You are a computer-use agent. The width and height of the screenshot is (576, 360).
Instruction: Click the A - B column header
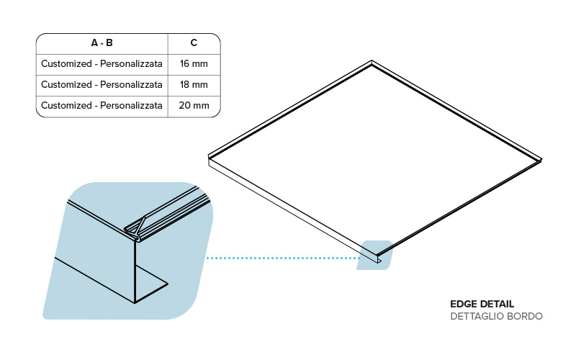coord(102,43)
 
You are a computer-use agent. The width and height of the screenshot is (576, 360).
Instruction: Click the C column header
coord(194,43)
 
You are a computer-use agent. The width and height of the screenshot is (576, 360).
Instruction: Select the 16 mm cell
coord(194,64)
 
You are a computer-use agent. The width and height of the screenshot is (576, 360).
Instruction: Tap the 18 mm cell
coord(194,85)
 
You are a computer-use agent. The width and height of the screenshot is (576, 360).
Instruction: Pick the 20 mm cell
coord(194,106)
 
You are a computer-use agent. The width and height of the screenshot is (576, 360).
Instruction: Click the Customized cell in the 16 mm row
coord(102,64)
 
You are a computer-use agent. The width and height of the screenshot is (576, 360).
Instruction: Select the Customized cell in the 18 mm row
coord(102,85)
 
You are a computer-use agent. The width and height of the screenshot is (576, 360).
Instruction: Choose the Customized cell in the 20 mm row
coord(102,106)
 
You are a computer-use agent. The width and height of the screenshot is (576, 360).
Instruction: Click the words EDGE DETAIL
coord(482,304)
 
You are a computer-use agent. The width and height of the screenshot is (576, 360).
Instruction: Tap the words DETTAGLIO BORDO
coord(496,316)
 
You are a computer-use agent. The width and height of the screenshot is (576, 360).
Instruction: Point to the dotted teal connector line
coord(281,257)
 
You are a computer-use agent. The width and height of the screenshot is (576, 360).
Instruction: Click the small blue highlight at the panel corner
coord(374,255)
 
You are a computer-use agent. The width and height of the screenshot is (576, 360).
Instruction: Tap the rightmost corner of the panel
coord(541,158)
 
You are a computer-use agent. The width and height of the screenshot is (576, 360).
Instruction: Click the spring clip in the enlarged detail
coord(138,228)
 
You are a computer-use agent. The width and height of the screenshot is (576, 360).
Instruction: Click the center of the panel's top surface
coord(374,157)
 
